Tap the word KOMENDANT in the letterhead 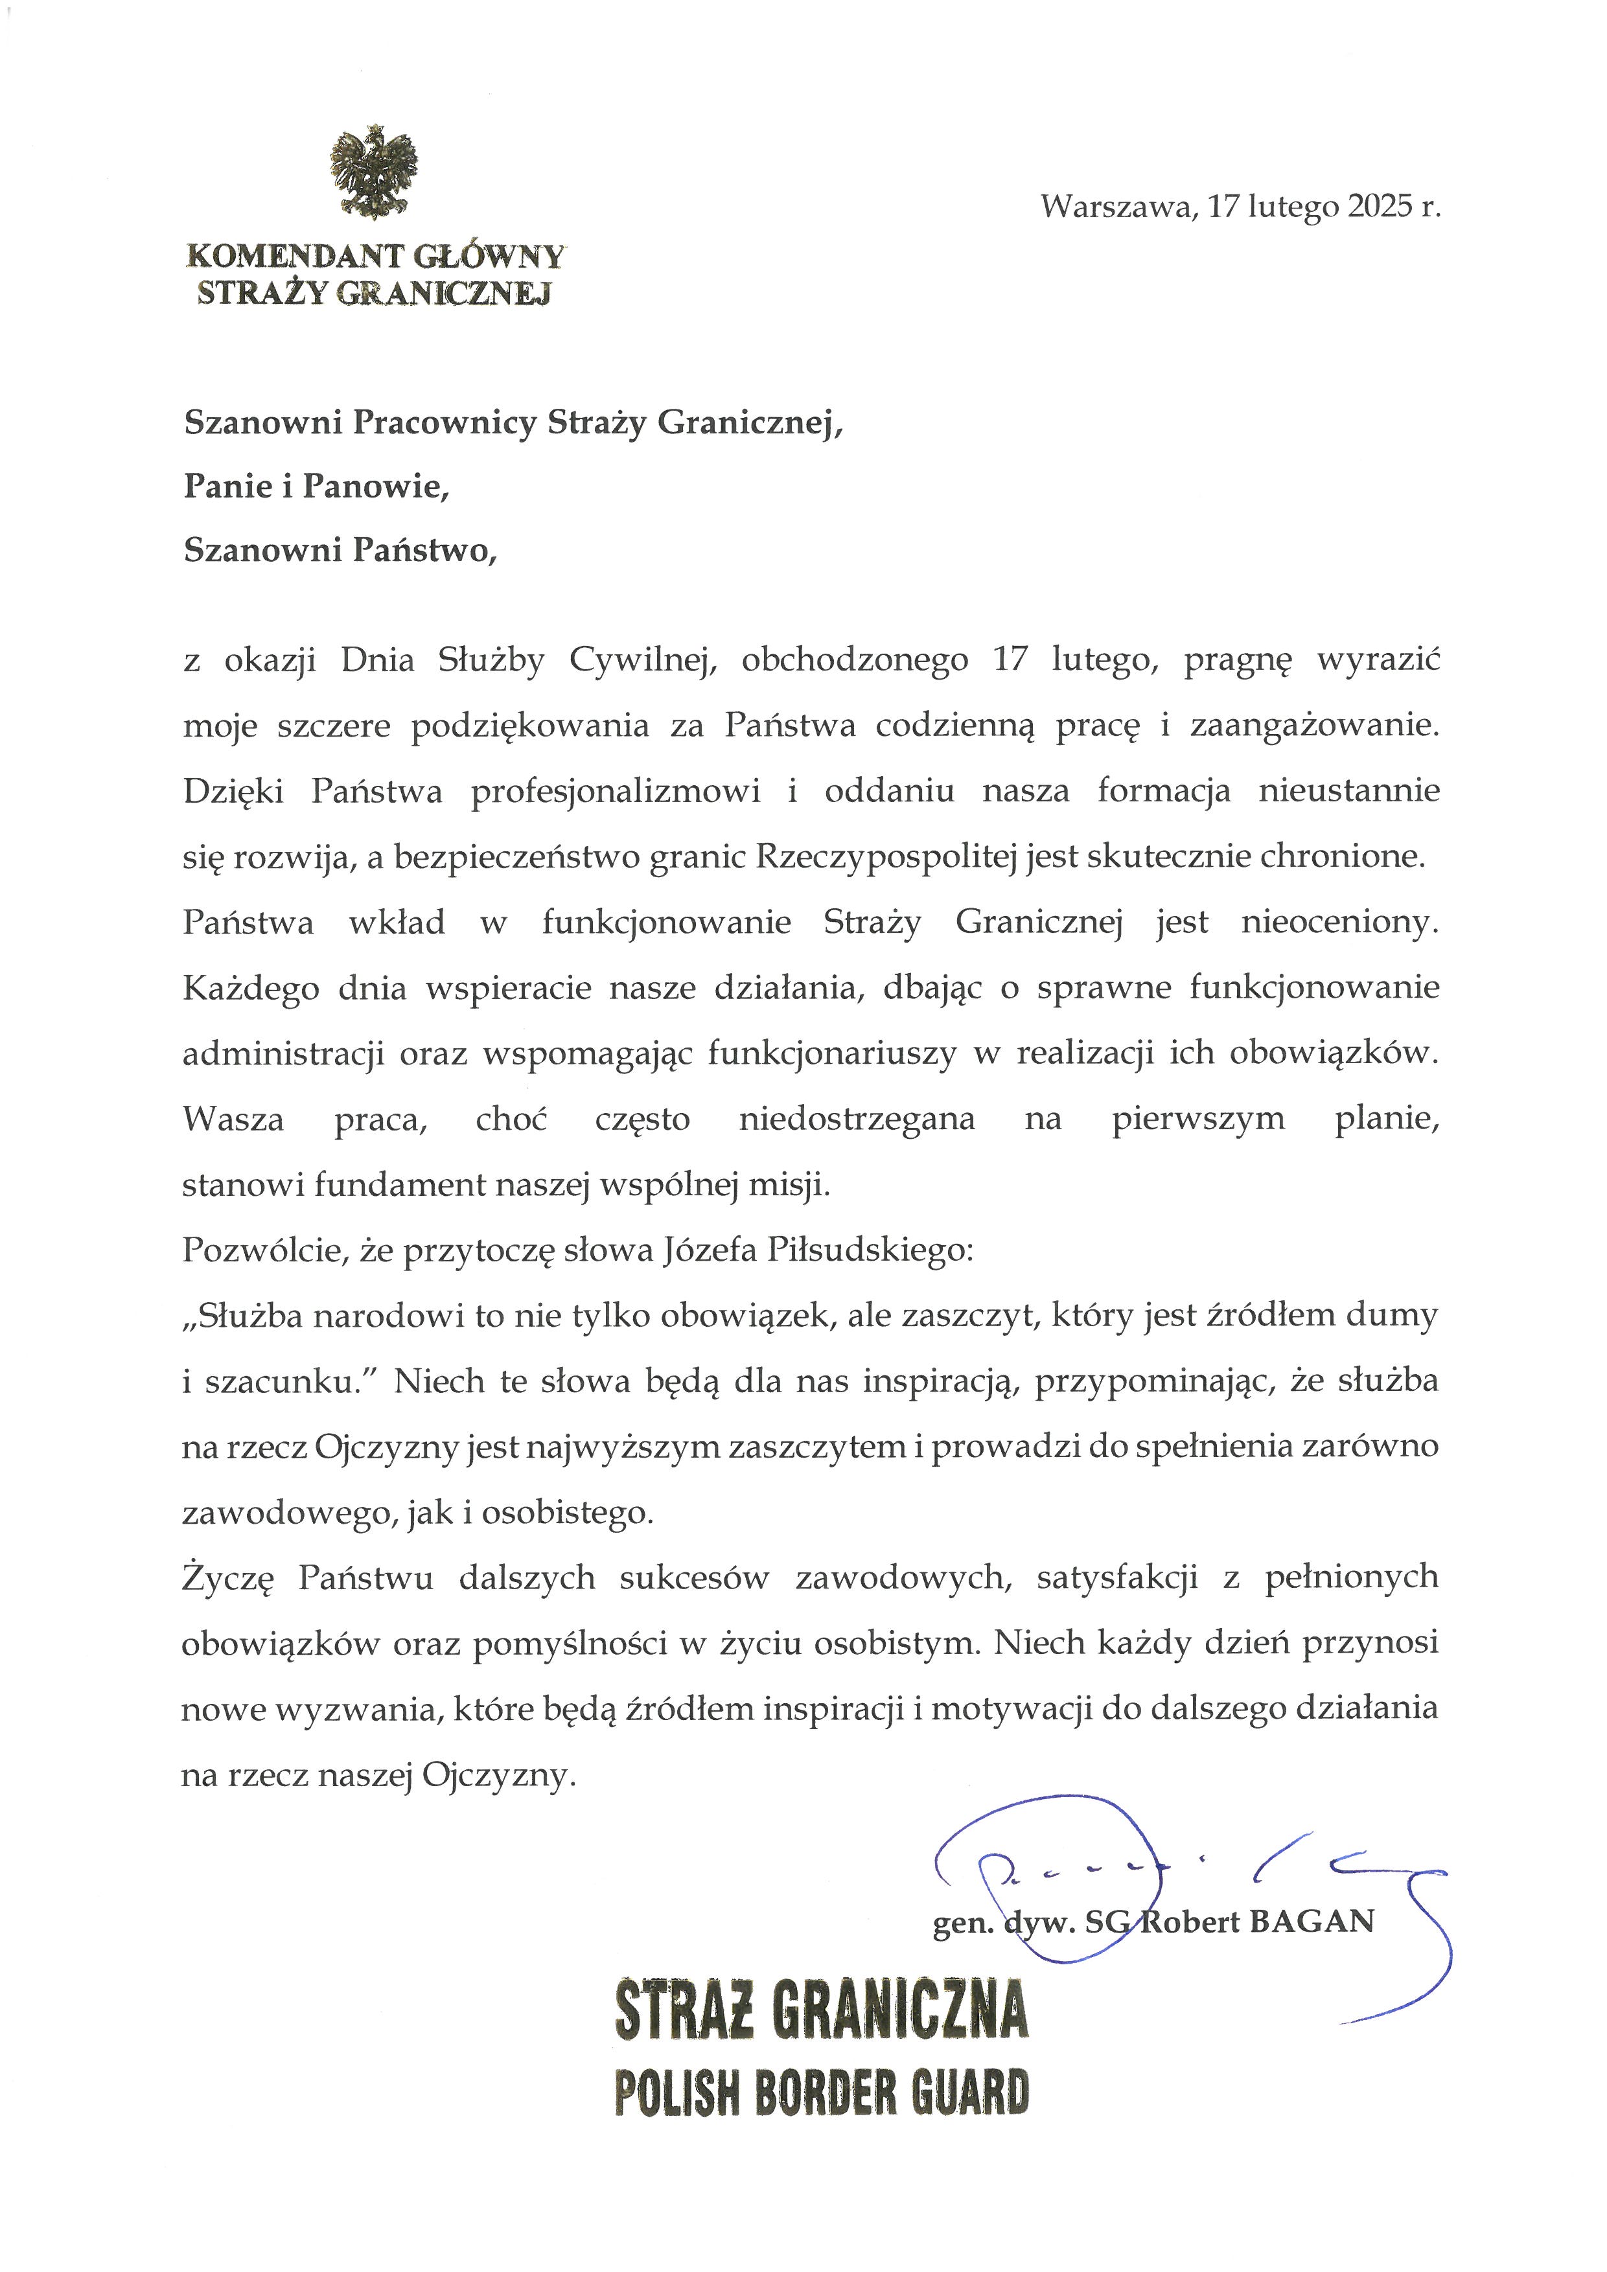click(x=294, y=257)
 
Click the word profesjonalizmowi click(x=616, y=792)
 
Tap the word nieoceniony click(x=1339, y=923)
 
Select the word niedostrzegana click(x=856, y=1119)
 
